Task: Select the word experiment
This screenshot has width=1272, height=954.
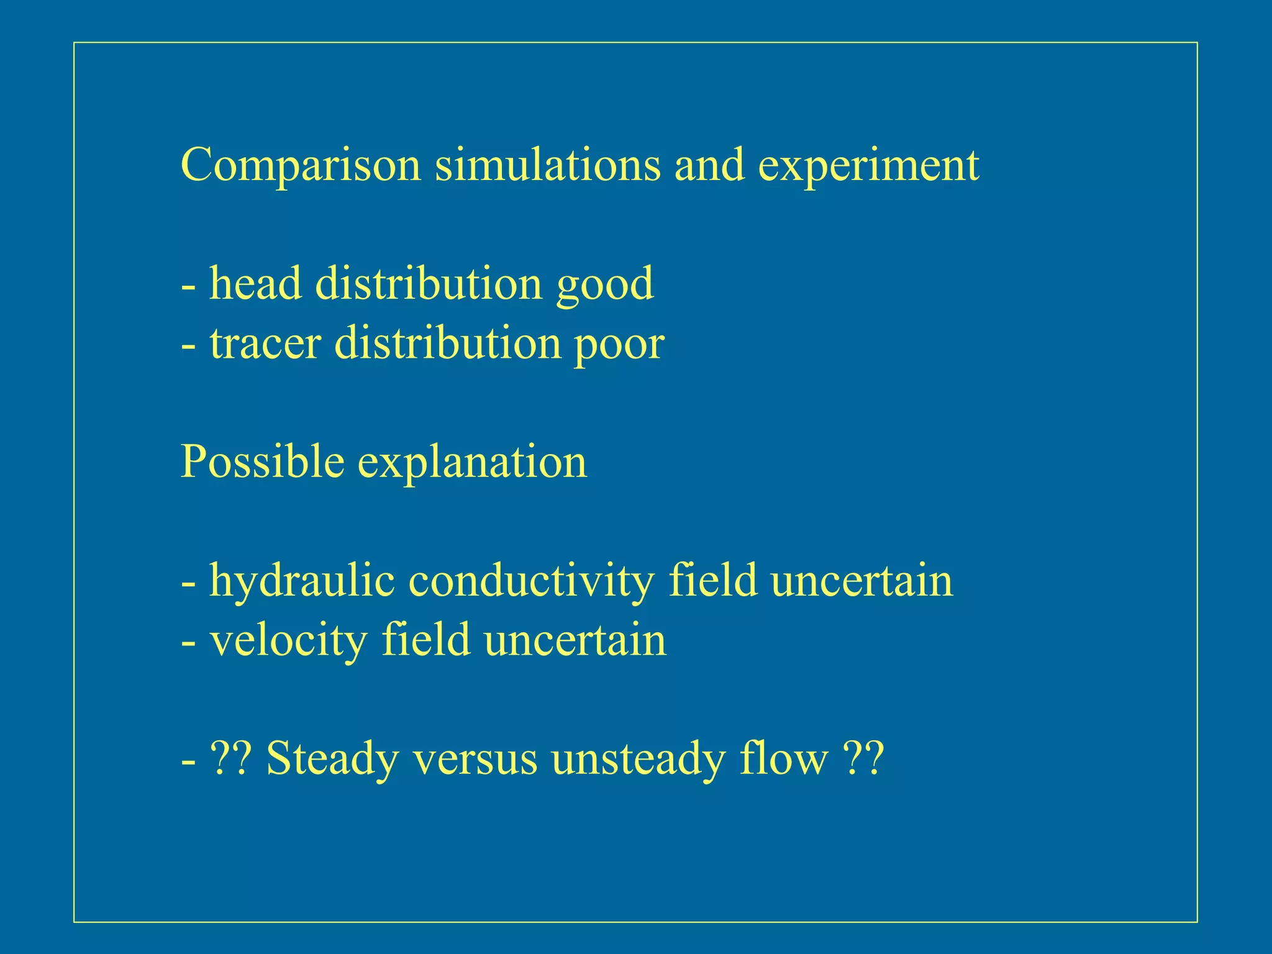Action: pyautogui.click(x=868, y=166)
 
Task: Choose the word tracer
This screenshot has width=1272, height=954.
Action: pyautogui.click(x=265, y=343)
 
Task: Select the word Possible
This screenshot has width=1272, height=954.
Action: pyautogui.click(x=262, y=462)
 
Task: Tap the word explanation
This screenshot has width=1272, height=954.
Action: pyautogui.click(x=472, y=463)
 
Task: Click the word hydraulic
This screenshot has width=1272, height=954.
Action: pyautogui.click(x=302, y=581)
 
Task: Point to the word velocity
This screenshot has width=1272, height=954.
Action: pyautogui.click(x=288, y=641)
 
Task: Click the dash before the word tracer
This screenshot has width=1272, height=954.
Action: pyautogui.click(x=189, y=345)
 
